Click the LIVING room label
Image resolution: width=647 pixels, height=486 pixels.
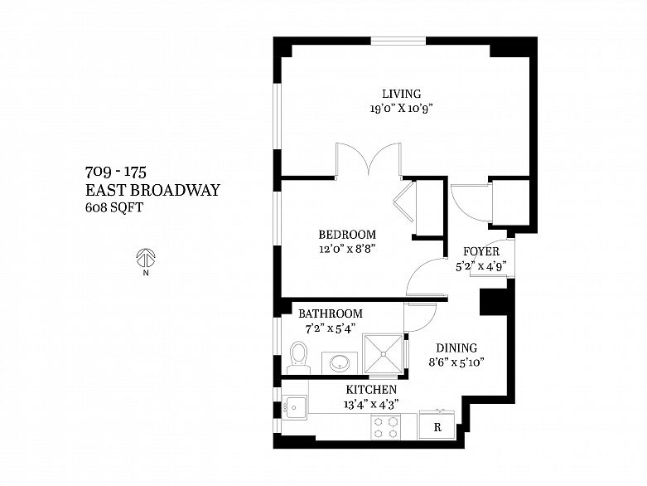pos(401,94)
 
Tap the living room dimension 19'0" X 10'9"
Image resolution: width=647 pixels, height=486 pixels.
pos(401,109)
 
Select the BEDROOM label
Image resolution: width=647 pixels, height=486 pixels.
pos(348,235)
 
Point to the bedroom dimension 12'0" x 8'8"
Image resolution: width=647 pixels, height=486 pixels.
pos(348,250)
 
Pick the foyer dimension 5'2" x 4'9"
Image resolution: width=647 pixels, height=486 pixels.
pos(480,266)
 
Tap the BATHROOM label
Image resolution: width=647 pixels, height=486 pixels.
pos(331,313)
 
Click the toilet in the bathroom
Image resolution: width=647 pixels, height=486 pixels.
pos(299,357)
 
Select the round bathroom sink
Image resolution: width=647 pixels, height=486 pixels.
pos(340,362)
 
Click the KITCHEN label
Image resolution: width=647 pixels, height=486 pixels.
pos(370,390)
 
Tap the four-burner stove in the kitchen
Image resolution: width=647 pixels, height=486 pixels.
pos(385,426)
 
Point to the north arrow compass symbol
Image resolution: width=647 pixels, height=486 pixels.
pos(147,258)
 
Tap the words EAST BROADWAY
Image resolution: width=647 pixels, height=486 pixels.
pos(152,191)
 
